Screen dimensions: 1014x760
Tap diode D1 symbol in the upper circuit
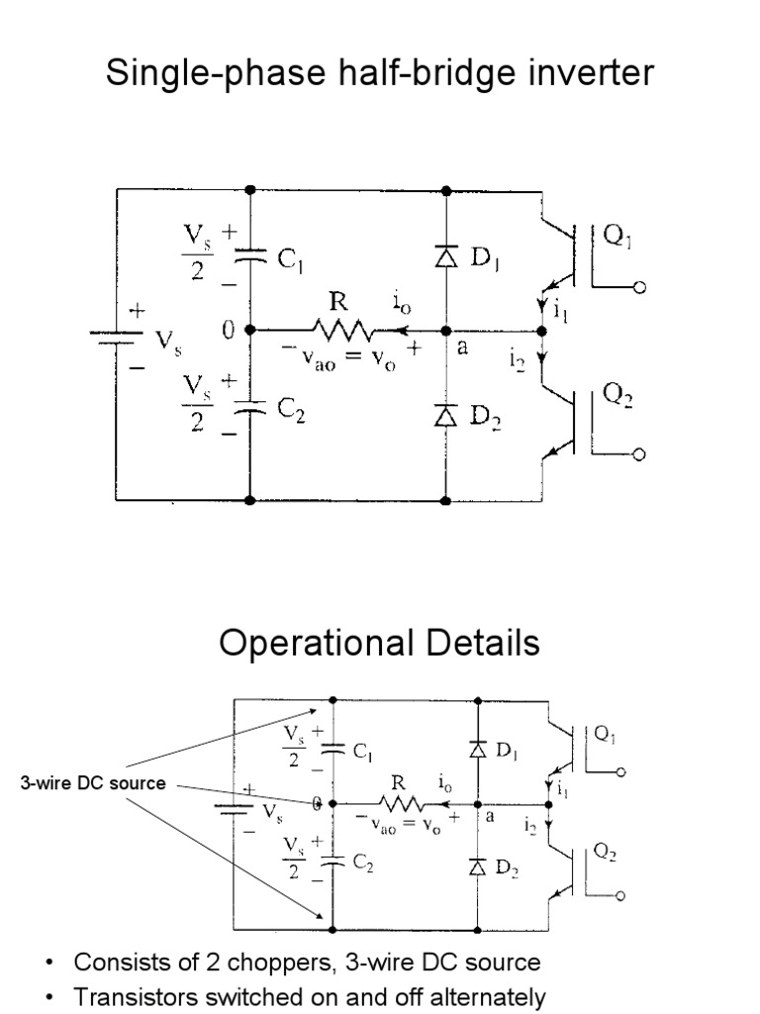pos(445,257)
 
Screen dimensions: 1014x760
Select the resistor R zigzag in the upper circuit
pos(341,330)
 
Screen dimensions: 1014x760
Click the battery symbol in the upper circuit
pos(116,337)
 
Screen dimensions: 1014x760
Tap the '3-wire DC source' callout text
pos(93,783)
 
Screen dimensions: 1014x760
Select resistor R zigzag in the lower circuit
pos(396,804)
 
